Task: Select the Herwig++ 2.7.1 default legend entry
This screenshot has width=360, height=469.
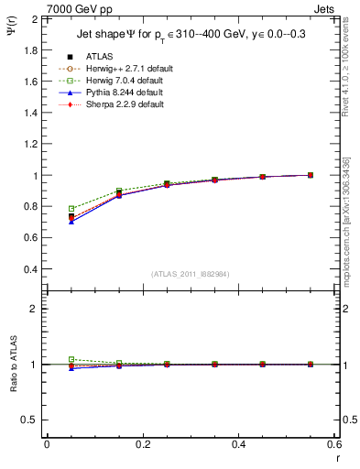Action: coord(120,69)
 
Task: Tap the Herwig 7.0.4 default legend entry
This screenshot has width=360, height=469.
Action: coord(118,81)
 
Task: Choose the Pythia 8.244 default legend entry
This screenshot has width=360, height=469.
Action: coord(117,93)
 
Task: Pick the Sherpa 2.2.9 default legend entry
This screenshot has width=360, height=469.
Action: coord(117,104)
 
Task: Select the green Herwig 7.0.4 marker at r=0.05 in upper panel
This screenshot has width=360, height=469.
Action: coord(71,209)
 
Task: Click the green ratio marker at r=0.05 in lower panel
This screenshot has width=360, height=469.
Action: coord(71,360)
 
